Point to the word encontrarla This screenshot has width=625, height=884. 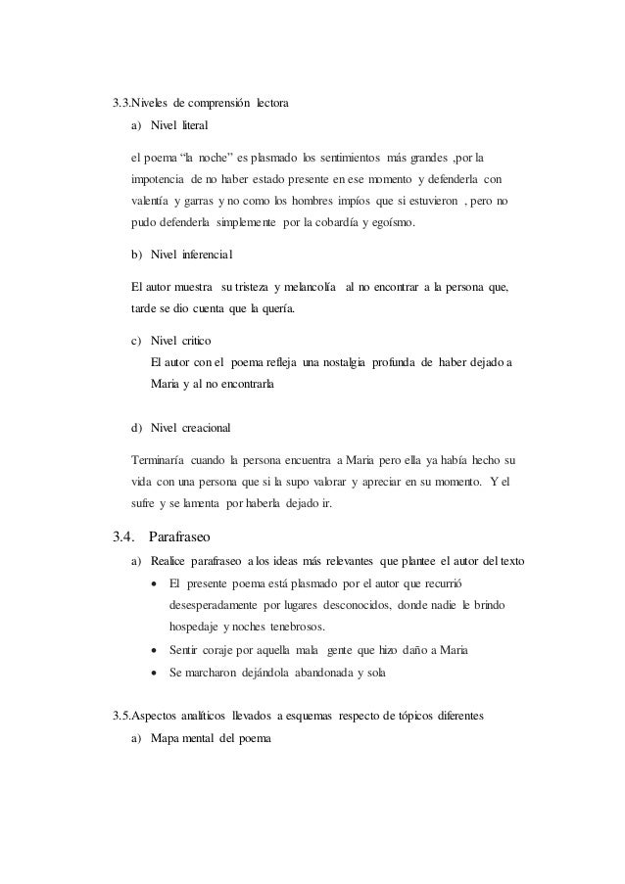pos(244,385)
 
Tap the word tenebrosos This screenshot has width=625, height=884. pos(297,627)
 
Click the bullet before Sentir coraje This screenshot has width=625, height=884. pos(153,649)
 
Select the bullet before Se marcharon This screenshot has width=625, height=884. pos(153,673)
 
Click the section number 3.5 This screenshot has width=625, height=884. pos(124,716)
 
